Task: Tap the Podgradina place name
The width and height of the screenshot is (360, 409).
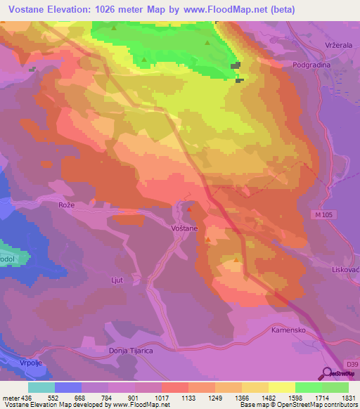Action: pyautogui.click(x=312, y=64)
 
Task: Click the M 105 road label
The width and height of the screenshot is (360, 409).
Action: pyautogui.click(x=323, y=213)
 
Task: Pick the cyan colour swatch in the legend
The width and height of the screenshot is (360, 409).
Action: pyautogui.click(x=41, y=387)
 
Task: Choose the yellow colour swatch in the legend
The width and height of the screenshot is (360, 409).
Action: pyautogui.click(x=282, y=387)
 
